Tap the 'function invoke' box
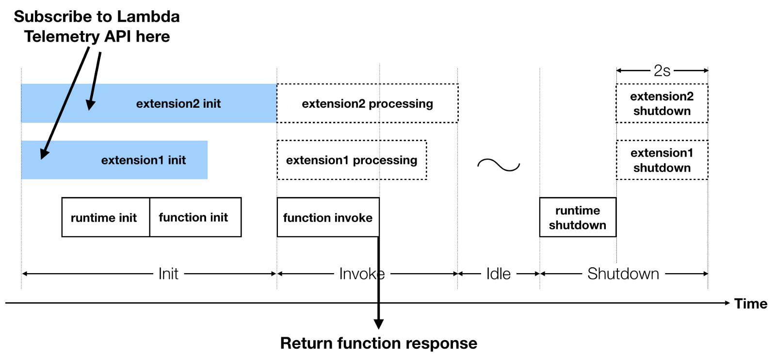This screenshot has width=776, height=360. (x=328, y=217)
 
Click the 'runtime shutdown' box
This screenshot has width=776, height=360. (x=578, y=217)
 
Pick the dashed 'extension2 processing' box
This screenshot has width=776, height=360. (x=367, y=103)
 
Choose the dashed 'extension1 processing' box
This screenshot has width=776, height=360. (x=352, y=160)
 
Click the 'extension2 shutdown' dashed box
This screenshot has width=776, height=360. (x=662, y=103)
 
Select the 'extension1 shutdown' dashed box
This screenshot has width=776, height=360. (x=662, y=160)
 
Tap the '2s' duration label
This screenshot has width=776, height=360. (x=662, y=71)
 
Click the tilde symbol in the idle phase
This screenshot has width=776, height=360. (x=499, y=165)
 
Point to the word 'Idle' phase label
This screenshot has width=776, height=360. (x=499, y=274)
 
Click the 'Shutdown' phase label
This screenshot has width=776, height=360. (x=623, y=274)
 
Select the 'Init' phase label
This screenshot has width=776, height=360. (x=168, y=274)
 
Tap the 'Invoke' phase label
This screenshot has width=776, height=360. (x=361, y=274)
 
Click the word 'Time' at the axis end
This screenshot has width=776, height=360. (x=750, y=304)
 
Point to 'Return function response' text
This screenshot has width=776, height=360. (x=378, y=343)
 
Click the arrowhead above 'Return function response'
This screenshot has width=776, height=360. (x=379, y=324)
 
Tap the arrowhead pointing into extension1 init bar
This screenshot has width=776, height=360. (x=44, y=154)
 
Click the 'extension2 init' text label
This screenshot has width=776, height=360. (x=178, y=103)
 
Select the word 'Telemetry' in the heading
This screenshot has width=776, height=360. (x=62, y=36)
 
